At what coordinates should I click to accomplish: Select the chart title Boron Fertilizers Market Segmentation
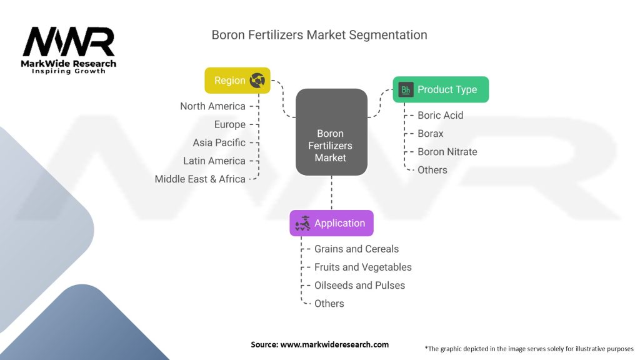[x=319, y=35]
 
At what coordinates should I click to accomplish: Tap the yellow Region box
[x=237, y=81]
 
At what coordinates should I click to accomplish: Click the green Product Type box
[x=441, y=89]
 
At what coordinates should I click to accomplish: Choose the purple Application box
[x=331, y=223]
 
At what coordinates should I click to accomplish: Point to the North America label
[x=212, y=106]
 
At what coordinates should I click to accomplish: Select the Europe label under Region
[x=229, y=124]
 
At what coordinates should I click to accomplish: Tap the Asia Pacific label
[x=219, y=142]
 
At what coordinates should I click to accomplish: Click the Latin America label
[x=214, y=161]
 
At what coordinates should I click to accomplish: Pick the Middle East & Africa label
[x=200, y=179]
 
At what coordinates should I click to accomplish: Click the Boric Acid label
[x=440, y=115]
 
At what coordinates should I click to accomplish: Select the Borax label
[x=430, y=133]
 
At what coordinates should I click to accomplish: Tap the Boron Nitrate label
[x=447, y=151]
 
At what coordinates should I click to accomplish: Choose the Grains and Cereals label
[x=356, y=249]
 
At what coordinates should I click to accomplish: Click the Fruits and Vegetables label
[x=362, y=267]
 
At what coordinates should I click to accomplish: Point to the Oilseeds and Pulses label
[x=359, y=285]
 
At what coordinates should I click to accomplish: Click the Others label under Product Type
[x=432, y=169]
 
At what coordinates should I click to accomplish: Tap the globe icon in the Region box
[x=257, y=81]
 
